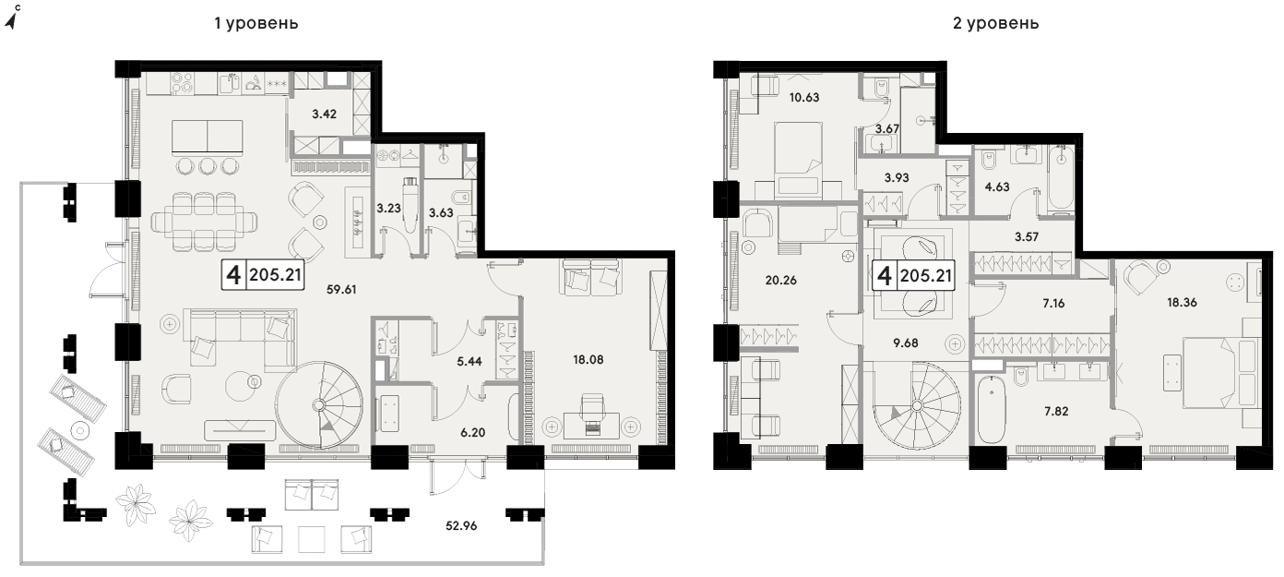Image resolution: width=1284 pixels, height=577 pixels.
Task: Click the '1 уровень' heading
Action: [256, 23]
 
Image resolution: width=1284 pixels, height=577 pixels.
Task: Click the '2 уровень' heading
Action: [995, 23]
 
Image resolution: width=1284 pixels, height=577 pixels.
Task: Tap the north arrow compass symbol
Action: [13, 18]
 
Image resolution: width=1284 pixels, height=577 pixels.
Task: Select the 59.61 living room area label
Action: [341, 290]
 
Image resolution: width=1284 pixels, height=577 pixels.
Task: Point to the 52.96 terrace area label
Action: [461, 525]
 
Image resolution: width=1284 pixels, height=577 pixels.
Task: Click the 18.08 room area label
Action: [588, 360]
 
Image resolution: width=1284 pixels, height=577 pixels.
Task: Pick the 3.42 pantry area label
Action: [324, 114]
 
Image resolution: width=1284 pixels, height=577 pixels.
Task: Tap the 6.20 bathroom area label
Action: [473, 432]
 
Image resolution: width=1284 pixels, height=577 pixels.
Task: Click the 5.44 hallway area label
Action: [469, 361]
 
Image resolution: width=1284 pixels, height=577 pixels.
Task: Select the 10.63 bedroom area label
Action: [804, 97]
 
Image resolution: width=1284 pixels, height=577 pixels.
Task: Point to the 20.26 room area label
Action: [780, 281]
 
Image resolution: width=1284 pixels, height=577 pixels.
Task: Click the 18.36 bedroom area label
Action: [1182, 302]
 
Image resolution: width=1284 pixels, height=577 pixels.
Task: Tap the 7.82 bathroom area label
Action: [1056, 411]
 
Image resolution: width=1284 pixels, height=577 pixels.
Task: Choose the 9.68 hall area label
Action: [906, 343]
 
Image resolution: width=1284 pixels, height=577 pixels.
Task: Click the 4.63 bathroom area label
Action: [997, 186]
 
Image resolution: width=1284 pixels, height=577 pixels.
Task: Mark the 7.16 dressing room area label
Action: [1053, 303]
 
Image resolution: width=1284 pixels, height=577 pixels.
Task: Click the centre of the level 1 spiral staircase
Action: [319, 405]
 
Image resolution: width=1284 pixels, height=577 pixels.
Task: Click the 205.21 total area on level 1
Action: [275, 275]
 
